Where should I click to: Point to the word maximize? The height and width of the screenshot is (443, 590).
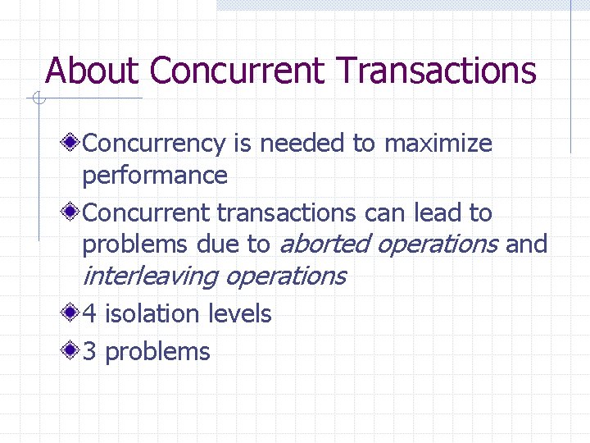(x=438, y=144)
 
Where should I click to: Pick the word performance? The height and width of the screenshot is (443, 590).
(x=155, y=176)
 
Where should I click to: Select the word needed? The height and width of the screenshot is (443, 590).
(x=302, y=144)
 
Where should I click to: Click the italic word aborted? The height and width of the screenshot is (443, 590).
(x=320, y=244)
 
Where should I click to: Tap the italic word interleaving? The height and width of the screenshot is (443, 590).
(x=150, y=276)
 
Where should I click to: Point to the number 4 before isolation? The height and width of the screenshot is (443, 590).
(x=90, y=313)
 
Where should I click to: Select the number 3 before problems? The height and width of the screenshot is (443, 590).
(x=90, y=352)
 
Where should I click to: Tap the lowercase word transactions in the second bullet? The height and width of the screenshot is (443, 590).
(x=286, y=213)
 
